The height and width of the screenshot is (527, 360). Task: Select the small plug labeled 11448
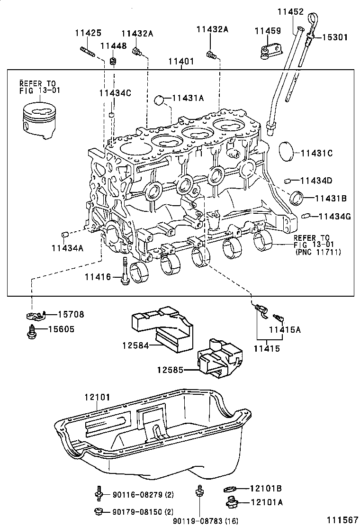click(113, 61)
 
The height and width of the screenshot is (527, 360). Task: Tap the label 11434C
click(115, 93)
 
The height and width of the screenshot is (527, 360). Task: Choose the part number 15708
click(71, 314)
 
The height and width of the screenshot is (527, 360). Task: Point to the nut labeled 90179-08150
click(99, 511)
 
